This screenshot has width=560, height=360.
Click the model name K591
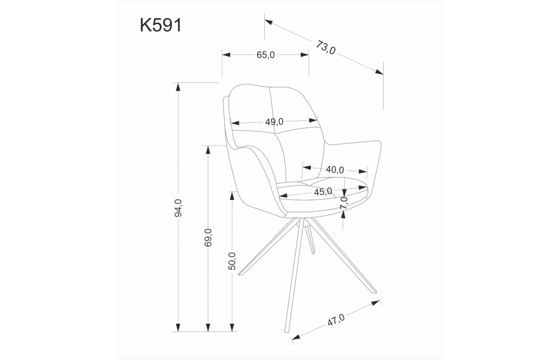coord(160,25)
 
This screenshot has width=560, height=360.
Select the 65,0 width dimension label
coord(265,55)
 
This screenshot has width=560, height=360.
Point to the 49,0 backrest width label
coord(274,121)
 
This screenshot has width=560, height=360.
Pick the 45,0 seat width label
coord(323,191)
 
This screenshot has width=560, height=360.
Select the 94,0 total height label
coord(178,208)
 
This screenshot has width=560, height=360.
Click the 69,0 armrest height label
coord(208,238)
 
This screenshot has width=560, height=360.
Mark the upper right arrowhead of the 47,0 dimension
coord(378,303)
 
